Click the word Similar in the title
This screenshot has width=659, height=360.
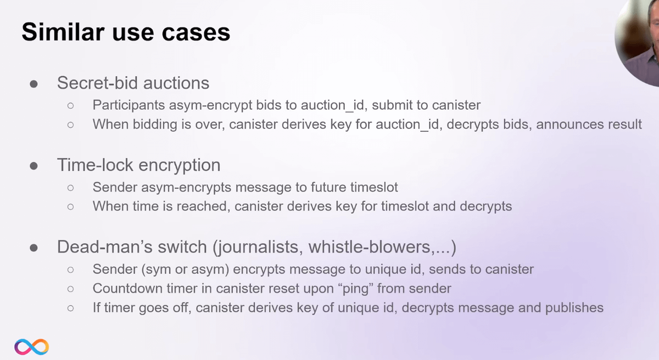coord(63,32)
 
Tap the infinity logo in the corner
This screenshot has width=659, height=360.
coord(31,347)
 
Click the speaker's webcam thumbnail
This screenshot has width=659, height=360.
coord(638,41)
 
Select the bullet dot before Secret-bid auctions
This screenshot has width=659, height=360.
coord(34,84)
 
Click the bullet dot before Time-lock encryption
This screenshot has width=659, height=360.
coord(34,166)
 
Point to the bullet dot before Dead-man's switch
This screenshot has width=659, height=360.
coord(34,248)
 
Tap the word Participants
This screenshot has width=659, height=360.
coord(129,105)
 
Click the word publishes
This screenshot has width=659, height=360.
coord(574,308)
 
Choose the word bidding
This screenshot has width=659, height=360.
coord(155,125)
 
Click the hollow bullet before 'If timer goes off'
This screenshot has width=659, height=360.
coord(71,308)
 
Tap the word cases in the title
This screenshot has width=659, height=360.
coord(196,32)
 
